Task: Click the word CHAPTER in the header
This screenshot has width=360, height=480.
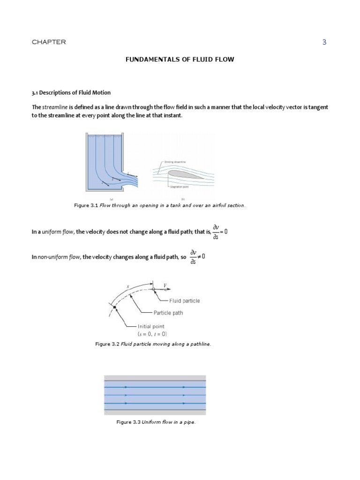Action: [49, 42]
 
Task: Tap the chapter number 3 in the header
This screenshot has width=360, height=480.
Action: [324, 42]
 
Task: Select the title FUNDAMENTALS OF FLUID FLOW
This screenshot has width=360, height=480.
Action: [180, 60]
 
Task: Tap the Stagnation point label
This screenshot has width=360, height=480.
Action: [177, 187]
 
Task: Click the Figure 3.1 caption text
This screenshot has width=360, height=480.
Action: [160, 205]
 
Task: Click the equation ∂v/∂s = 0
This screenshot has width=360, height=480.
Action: [220, 232]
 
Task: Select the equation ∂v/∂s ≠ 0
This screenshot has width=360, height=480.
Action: [197, 257]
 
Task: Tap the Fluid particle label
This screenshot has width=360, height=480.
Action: [184, 301]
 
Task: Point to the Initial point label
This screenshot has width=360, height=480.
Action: [151, 326]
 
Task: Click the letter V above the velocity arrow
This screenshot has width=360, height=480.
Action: [165, 285]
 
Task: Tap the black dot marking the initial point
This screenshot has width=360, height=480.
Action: [114, 307]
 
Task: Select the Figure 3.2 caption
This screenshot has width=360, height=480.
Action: [153, 344]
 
